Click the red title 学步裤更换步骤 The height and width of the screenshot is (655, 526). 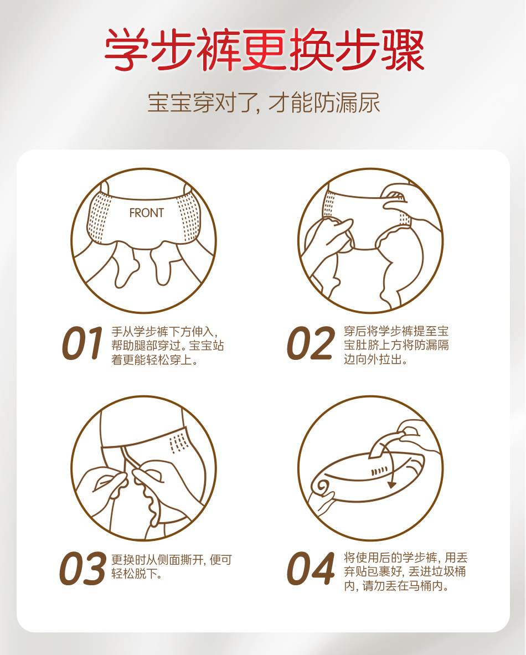point(264,50)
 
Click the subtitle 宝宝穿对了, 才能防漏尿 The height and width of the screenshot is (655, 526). point(264,103)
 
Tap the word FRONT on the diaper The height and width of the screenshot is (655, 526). point(146,213)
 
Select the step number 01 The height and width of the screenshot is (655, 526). point(82,343)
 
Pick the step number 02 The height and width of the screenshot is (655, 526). point(311,343)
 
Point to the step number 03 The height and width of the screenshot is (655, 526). point(82,568)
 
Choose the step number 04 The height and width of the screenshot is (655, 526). point(311,568)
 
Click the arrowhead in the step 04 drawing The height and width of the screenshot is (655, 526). point(391,484)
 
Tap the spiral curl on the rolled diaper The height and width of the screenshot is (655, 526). point(323,487)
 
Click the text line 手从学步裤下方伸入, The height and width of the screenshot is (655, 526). point(164,332)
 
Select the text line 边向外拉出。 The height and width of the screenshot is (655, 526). point(375,359)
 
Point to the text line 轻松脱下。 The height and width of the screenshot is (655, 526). point(136,574)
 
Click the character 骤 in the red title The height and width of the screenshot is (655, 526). point(403,50)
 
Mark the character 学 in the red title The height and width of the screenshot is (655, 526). point(126,50)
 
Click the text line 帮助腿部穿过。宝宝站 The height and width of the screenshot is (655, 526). point(168,346)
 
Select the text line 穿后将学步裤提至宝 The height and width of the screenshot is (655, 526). point(396,331)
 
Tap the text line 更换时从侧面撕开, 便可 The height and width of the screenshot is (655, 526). point(171,560)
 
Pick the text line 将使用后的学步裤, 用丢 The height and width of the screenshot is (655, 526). point(406,558)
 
